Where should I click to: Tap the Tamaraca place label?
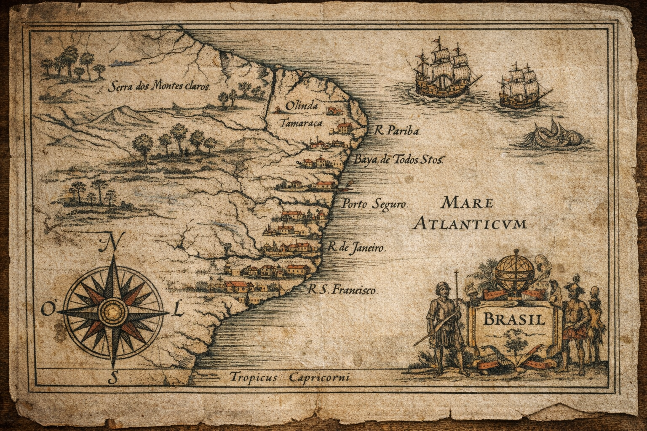point(301,123)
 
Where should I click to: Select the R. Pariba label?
point(397,131)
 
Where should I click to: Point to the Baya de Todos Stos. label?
point(397,160)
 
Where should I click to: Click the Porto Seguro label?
point(374,205)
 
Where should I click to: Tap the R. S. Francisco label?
point(342,290)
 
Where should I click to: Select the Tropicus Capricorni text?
point(290,378)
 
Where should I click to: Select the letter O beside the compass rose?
point(47,310)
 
